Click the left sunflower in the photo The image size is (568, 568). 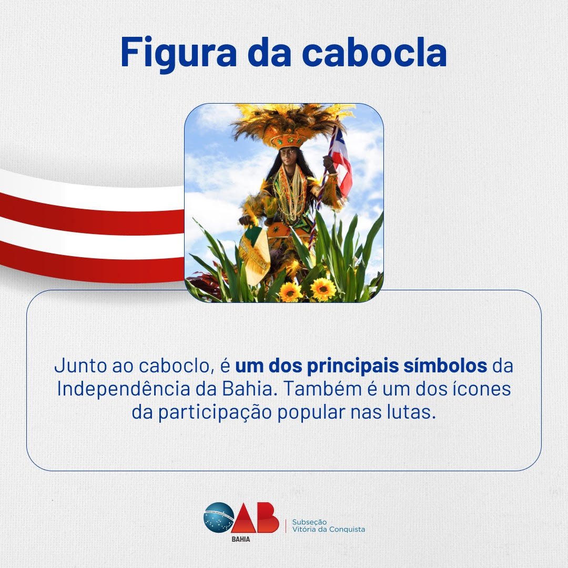click(290, 291)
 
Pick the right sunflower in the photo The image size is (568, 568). click(323, 289)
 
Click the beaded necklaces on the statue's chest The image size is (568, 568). click(290, 192)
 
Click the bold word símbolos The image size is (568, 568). click(445, 366)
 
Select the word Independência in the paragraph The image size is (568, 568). click(124, 390)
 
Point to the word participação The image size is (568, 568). click(215, 413)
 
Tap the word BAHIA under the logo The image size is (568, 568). click(241, 539)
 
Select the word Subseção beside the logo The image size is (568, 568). click(309, 522)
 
